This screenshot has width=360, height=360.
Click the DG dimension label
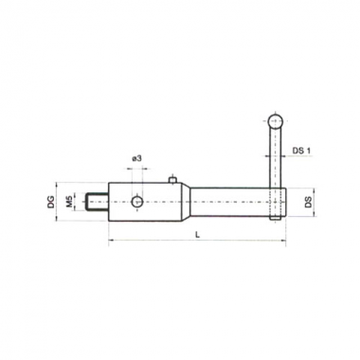click(51, 202)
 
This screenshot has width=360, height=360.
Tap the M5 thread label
click(70, 202)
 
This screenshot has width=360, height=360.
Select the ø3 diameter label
click(136, 159)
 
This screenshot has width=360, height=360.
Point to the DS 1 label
click(301, 151)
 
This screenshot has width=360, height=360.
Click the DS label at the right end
click(309, 202)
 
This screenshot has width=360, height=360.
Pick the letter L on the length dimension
click(198, 235)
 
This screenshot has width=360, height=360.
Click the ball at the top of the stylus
click(275, 121)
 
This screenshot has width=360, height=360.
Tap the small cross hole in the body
click(137, 202)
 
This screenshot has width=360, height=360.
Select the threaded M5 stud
click(98, 202)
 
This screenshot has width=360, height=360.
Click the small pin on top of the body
click(172, 180)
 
